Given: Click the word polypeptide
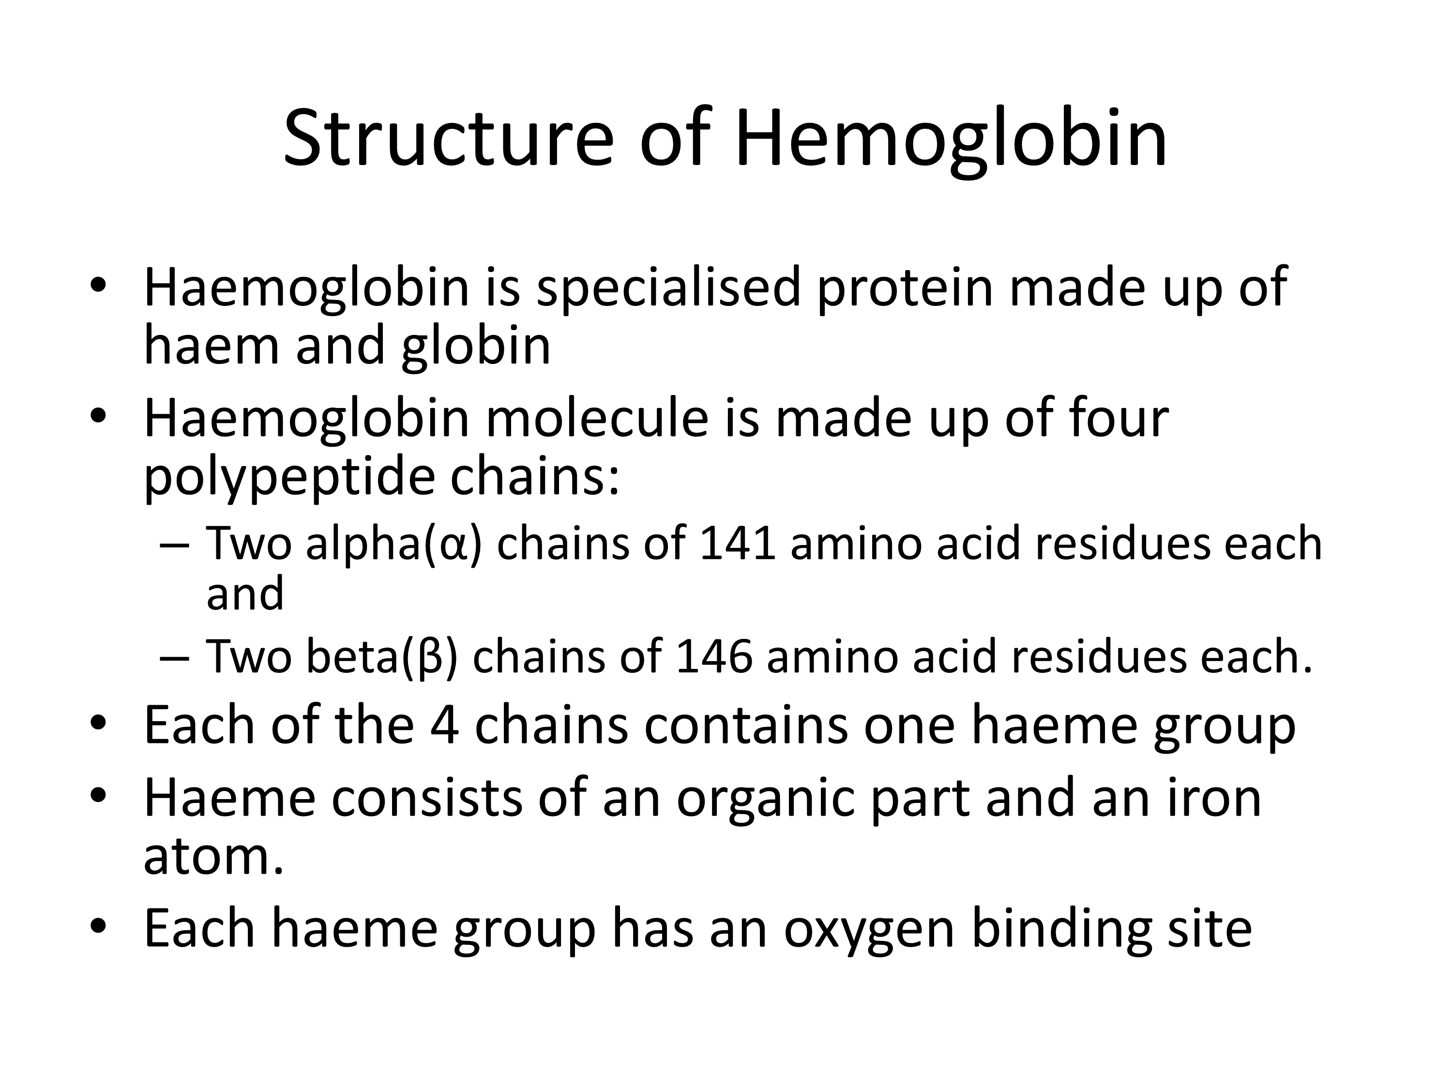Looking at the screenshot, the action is (x=289, y=477).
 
